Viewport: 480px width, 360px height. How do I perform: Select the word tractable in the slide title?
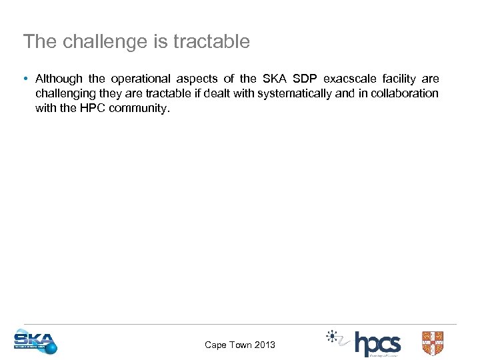pos(211,42)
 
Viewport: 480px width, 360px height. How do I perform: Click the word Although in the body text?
pos(58,79)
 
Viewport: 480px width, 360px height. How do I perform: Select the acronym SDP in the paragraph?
pos(304,79)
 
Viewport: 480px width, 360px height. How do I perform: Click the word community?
pos(141,108)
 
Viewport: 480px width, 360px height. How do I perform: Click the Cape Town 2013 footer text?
pos(239,345)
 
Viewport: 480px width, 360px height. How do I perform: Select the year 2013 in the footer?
pos(264,345)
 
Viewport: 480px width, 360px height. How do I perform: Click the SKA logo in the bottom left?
pos(35,342)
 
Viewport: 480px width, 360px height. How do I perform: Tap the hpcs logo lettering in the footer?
pos(377,343)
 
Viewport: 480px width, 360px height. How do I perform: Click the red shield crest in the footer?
pos(432,343)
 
